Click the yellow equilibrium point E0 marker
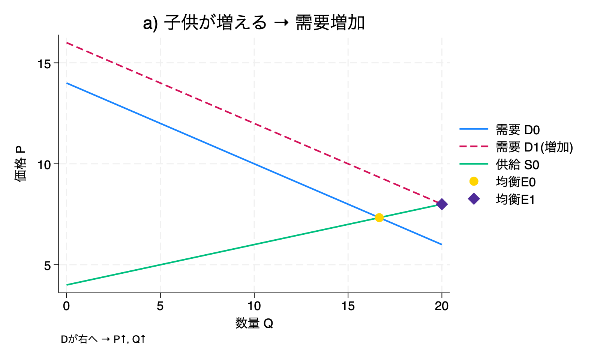[x=379, y=217]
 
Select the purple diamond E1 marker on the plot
[x=442, y=204]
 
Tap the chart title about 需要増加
[x=254, y=23]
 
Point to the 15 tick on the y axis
[x=44, y=63]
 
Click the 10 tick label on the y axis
[x=44, y=164]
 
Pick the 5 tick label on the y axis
[x=47, y=265]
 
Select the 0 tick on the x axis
[x=66, y=306]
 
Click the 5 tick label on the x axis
[x=160, y=306]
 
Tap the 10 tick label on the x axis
[x=254, y=306]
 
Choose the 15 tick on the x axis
[x=348, y=306]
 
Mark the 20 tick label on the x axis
[x=442, y=306]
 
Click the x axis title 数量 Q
[x=254, y=323]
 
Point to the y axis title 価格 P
[x=21, y=164]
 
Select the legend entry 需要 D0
[x=517, y=130]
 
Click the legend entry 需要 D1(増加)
[x=534, y=147]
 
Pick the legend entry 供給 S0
[x=517, y=165]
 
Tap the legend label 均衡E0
[x=516, y=182]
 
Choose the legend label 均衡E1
[x=516, y=199]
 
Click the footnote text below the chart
[x=103, y=339]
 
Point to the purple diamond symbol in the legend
[x=474, y=199]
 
